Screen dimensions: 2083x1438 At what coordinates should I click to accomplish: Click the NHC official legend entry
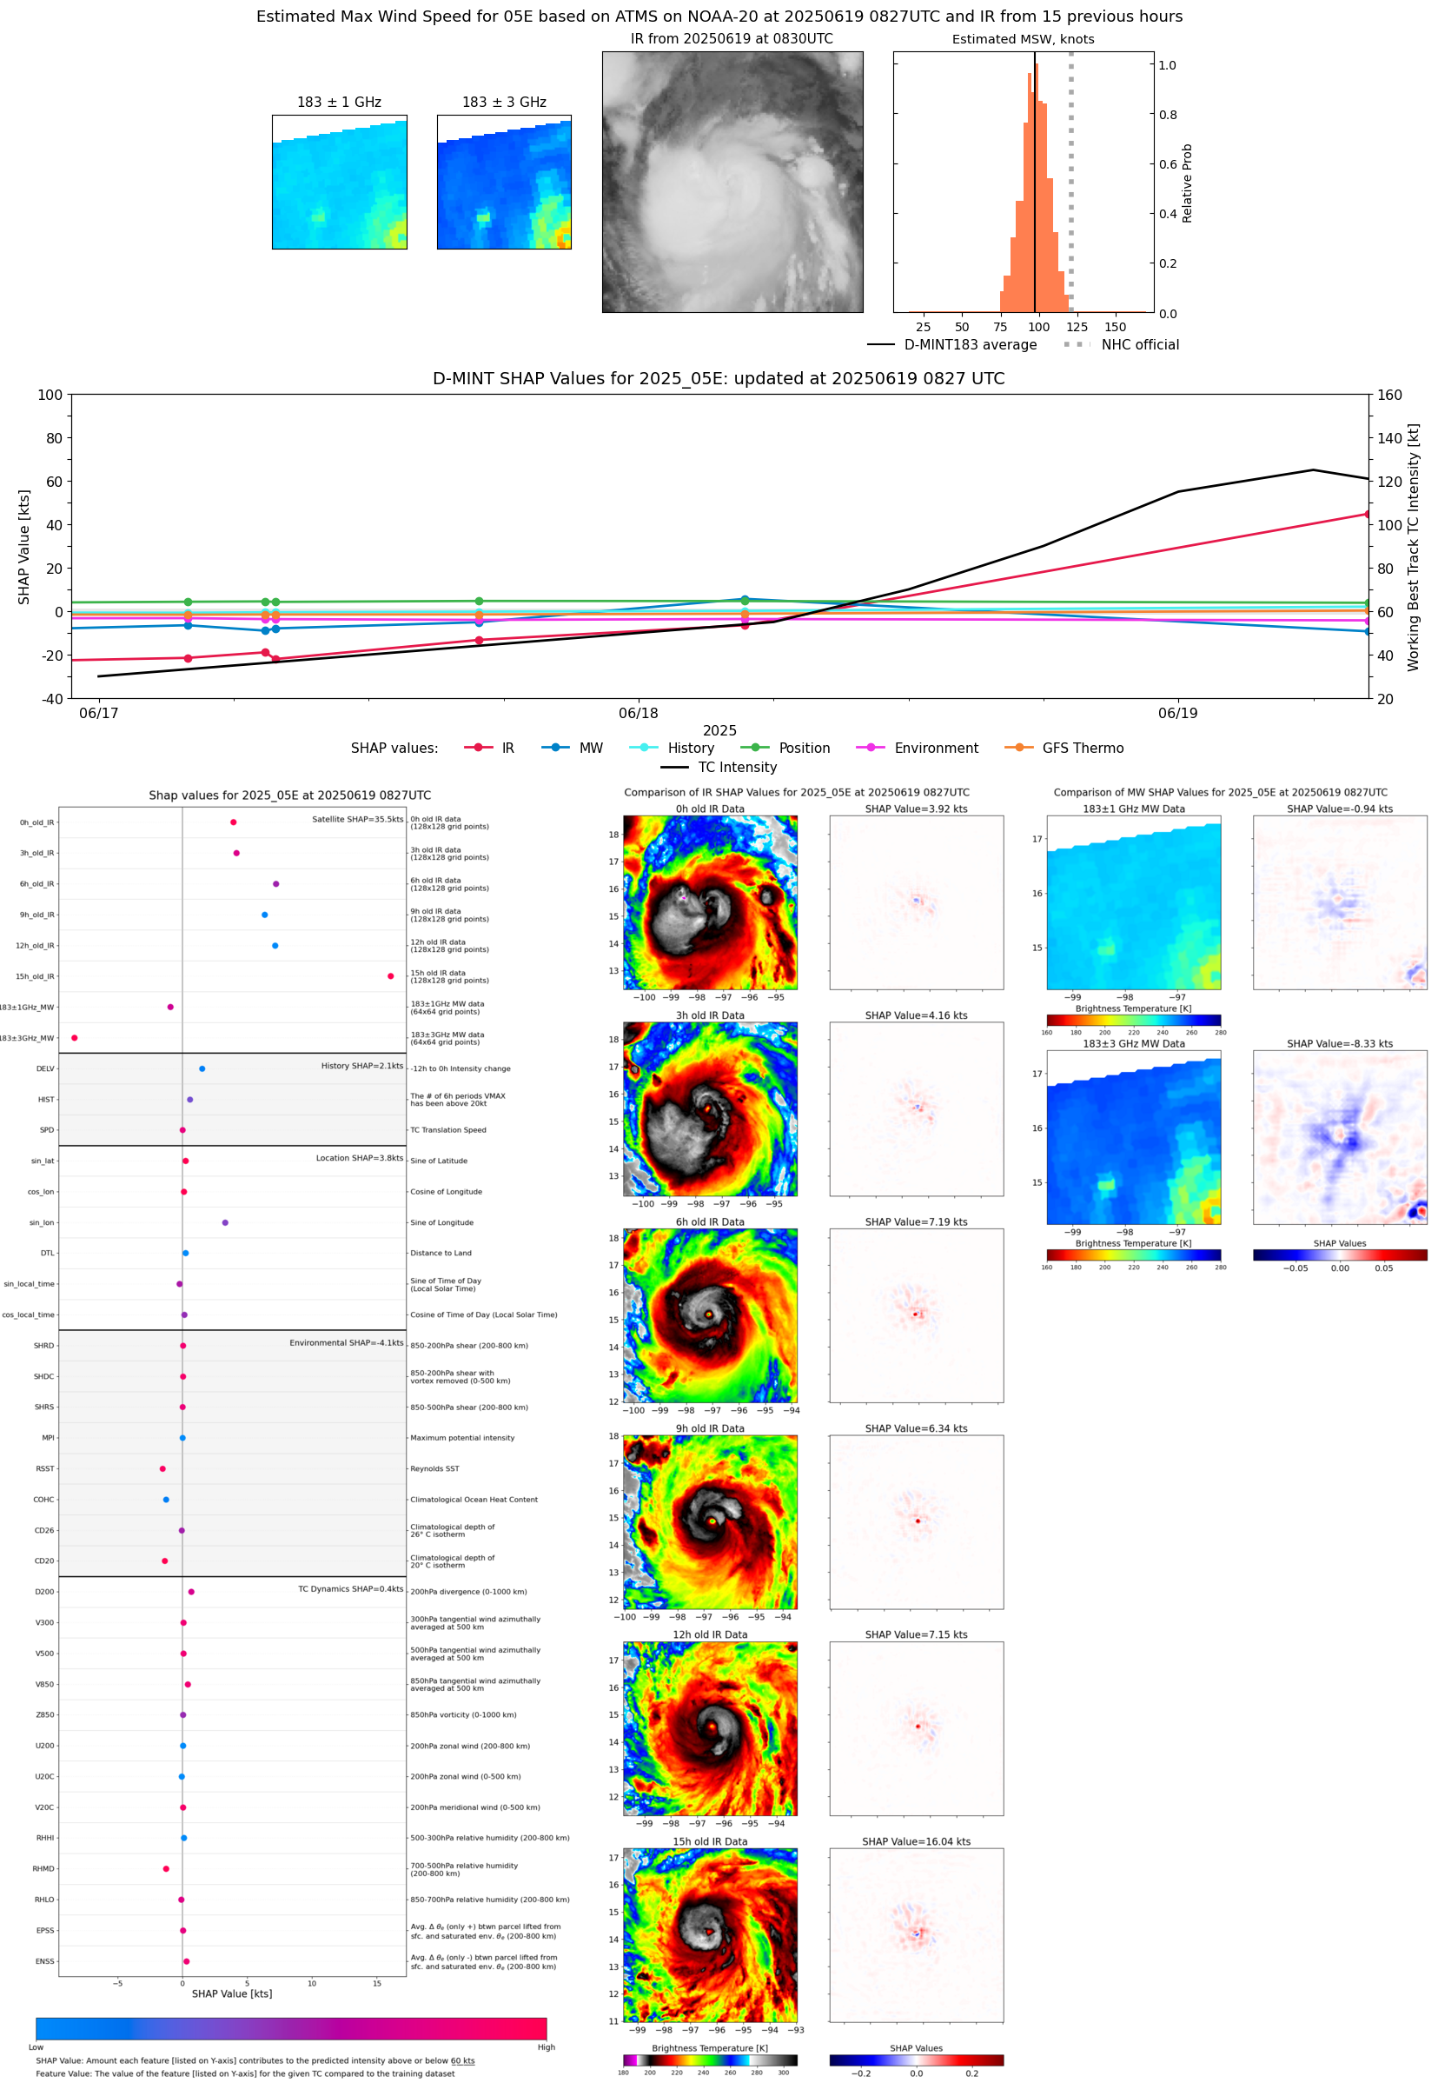click(x=1139, y=344)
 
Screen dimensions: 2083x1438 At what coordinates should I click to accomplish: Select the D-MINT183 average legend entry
click(x=970, y=344)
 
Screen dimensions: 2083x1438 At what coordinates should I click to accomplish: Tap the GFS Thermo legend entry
click(x=1082, y=749)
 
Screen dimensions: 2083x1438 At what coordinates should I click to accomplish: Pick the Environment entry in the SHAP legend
click(x=935, y=749)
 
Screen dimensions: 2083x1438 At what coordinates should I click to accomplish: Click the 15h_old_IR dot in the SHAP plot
click(x=390, y=976)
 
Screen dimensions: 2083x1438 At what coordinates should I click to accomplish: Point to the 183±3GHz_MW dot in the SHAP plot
click(x=75, y=1037)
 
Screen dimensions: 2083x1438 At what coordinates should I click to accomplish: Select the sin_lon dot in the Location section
click(x=225, y=1222)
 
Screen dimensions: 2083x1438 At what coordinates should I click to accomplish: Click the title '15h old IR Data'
click(x=710, y=1841)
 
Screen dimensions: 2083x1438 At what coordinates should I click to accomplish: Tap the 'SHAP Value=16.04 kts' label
click(x=916, y=1841)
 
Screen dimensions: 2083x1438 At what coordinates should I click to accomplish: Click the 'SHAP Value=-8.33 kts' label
click(x=1339, y=1044)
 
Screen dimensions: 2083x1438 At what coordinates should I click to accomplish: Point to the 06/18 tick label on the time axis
click(x=638, y=713)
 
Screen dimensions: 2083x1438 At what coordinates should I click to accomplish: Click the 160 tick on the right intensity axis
click(x=1389, y=395)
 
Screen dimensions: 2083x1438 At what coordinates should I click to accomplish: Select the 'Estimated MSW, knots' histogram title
click(x=1023, y=40)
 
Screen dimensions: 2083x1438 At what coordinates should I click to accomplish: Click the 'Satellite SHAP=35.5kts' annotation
click(x=357, y=819)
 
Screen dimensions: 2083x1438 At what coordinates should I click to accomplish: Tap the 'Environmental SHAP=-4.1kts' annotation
click(x=346, y=1342)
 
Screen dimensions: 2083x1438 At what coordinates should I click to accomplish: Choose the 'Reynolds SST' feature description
click(x=434, y=1468)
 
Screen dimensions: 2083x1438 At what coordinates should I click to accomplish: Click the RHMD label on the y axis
click(x=43, y=1868)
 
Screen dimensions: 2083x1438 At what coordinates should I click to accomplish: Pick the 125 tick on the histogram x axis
click(x=1077, y=327)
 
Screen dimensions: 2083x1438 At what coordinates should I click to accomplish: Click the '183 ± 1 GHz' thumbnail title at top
click(x=339, y=103)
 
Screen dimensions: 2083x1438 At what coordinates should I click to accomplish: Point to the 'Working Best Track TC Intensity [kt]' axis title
click(x=1413, y=547)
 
